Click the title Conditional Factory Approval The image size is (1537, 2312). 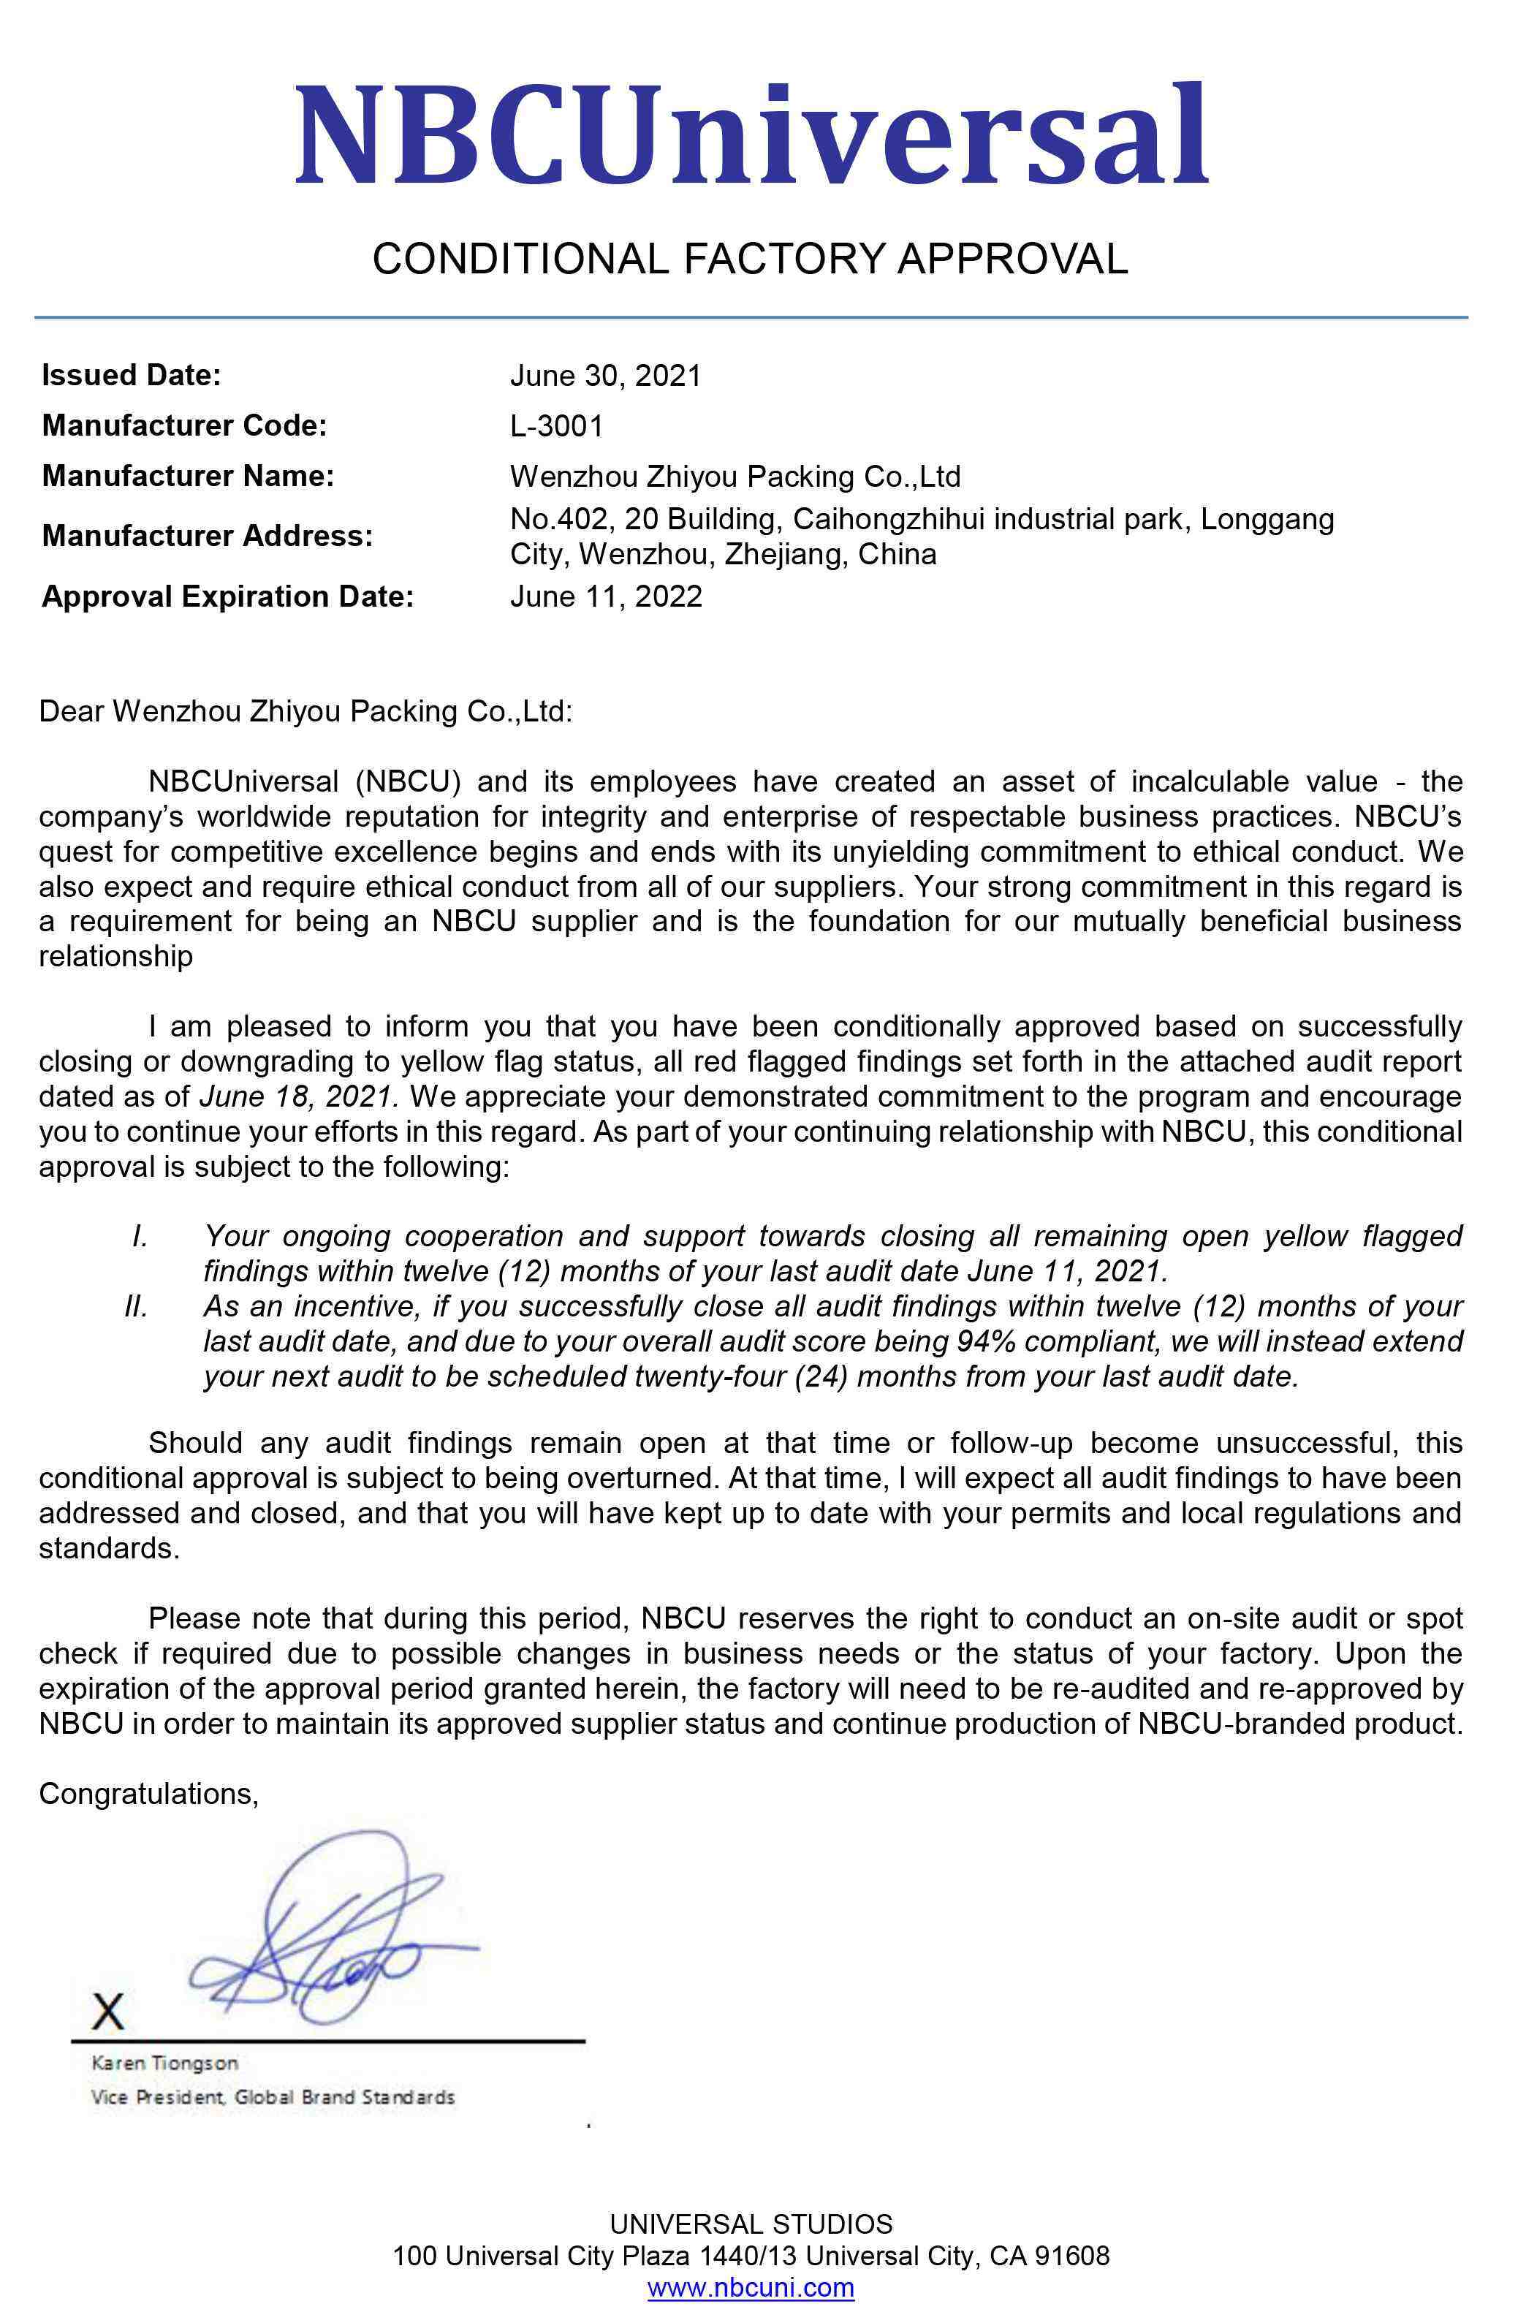point(750,258)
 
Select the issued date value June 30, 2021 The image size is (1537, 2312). point(605,376)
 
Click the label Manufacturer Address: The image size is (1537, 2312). point(207,536)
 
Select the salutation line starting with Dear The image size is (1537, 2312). point(305,710)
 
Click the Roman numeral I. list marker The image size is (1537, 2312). point(140,1236)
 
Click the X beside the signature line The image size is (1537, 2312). point(108,2011)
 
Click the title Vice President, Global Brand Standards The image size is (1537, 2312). point(273,2097)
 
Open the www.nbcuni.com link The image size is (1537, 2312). point(750,2287)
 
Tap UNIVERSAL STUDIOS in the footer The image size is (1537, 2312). point(751,2224)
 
